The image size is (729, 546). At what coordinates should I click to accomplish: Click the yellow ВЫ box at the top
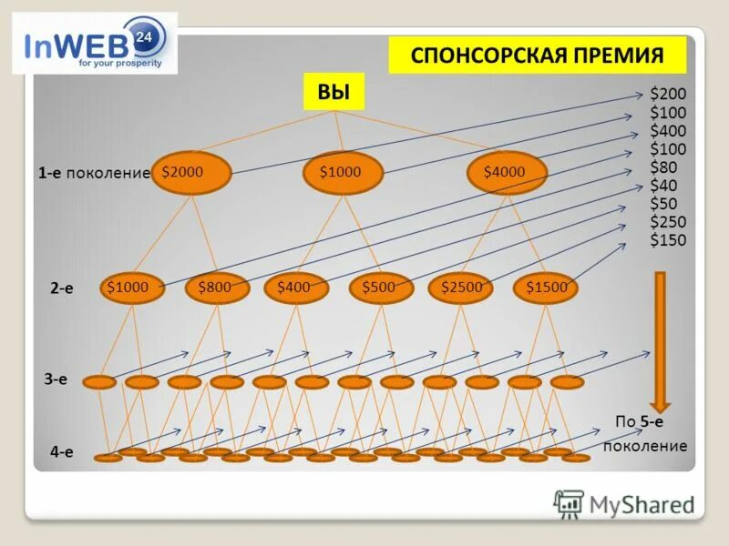[334, 92]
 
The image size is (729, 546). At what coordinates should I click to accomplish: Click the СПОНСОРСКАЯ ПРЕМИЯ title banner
[537, 56]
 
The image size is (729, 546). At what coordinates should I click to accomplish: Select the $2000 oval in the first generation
[190, 172]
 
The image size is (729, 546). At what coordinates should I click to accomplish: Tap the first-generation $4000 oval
[507, 172]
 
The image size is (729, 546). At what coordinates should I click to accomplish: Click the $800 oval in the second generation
[217, 288]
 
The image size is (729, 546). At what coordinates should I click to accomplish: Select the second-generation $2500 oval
[461, 288]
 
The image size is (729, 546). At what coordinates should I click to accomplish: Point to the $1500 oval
[547, 288]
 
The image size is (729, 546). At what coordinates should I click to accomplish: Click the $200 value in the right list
[668, 95]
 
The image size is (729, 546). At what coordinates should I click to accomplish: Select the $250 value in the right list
[668, 222]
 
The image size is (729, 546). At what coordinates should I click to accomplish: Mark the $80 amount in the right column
[664, 167]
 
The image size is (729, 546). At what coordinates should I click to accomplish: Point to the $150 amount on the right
[668, 240]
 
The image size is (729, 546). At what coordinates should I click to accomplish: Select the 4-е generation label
[61, 451]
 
